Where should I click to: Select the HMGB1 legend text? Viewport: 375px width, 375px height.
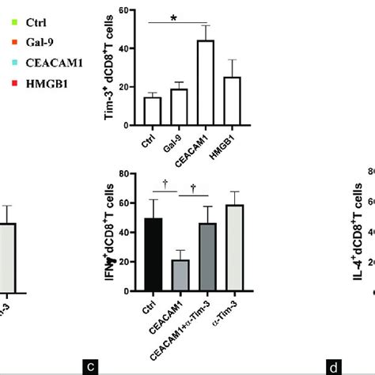pyautogui.click(x=41, y=75)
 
